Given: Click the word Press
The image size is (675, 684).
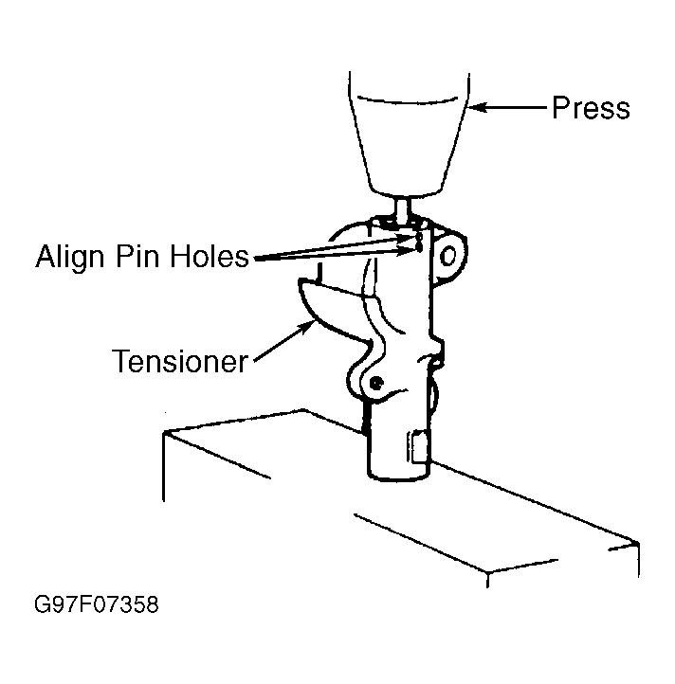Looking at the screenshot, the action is (590, 108).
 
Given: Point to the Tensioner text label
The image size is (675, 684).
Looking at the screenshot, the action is (180, 361).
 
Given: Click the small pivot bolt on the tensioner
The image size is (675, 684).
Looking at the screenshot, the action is (376, 384).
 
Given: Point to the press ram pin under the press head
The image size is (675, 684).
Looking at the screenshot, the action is (403, 206).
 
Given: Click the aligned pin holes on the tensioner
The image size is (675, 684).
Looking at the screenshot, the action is (416, 243).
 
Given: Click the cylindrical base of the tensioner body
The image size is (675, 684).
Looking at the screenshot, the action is (393, 445).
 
